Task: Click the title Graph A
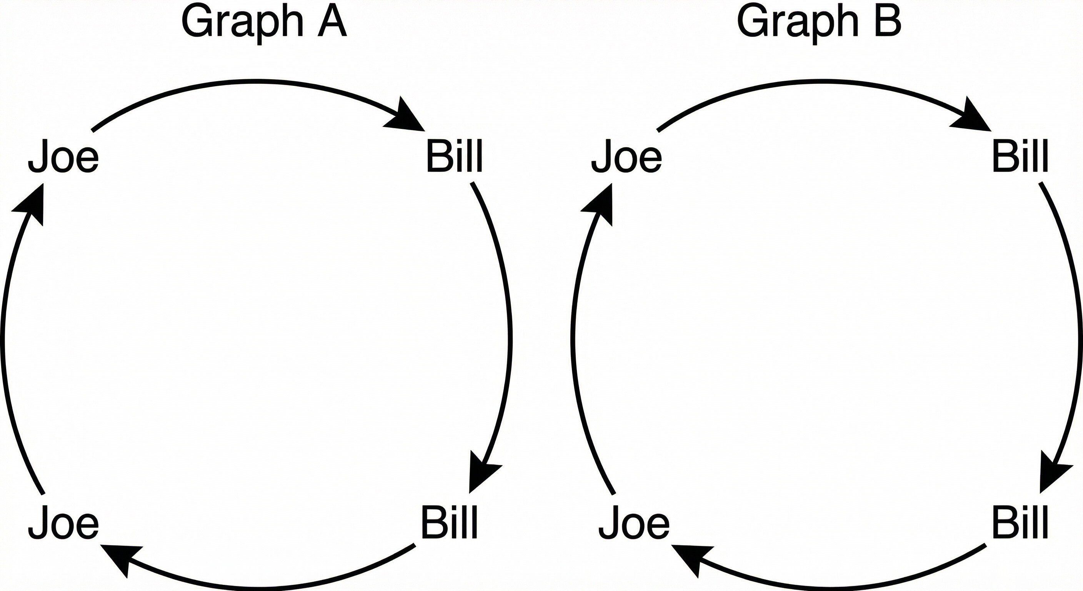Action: pos(264,23)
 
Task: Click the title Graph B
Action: pos(819,23)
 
